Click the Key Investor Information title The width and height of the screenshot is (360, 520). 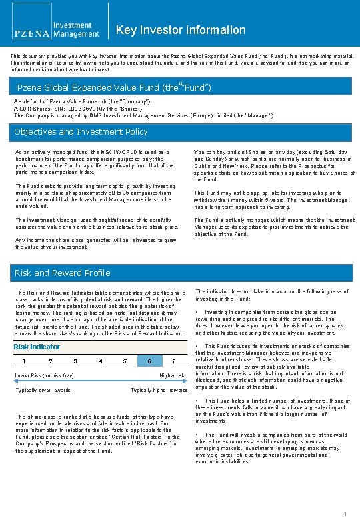coord(181,30)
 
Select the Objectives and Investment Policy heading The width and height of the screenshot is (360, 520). coord(81,132)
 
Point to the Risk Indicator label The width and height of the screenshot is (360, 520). coord(37,347)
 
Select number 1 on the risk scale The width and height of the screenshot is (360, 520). coord(25,361)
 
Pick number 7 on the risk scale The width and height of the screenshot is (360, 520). coord(173,361)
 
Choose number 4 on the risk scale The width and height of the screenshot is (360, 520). coord(100,361)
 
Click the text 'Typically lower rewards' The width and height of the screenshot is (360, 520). coord(43,390)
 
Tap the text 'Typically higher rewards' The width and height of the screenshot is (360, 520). coord(159,390)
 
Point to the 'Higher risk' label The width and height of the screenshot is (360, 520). coord(172,376)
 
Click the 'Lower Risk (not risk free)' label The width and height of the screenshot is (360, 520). coord(44,376)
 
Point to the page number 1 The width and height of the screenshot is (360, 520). coord(345,513)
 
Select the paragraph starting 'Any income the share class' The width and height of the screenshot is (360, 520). coord(95,243)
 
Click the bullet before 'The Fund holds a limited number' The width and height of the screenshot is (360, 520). coord(197,401)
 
